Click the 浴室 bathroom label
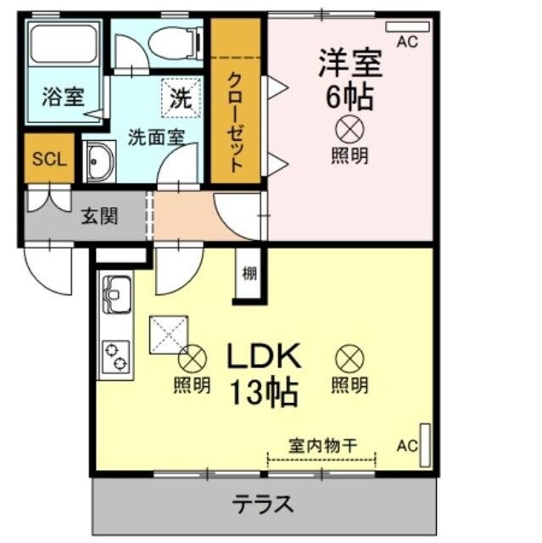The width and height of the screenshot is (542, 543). (63, 95)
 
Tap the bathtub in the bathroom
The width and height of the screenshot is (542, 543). (63, 46)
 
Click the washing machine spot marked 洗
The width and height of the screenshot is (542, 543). (181, 97)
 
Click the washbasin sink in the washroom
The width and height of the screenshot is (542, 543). (100, 161)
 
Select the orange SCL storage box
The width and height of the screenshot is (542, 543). (48, 159)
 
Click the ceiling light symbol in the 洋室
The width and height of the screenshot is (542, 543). (349, 129)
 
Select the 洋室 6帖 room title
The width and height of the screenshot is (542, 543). (349, 78)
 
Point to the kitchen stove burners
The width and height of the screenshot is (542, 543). (114, 356)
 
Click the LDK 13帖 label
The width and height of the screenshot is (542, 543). (262, 373)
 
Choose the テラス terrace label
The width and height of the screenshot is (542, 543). (263, 505)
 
